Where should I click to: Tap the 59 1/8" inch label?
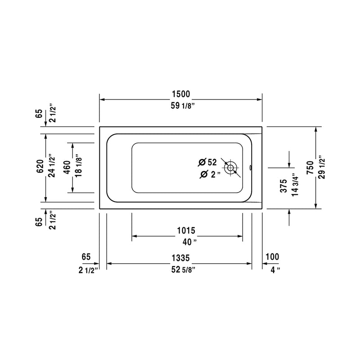(x=180, y=106)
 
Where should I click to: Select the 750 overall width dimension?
(x=310, y=168)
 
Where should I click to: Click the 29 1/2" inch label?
(x=321, y=168)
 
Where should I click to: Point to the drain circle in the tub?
(x=231, y=168)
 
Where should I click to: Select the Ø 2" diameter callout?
(x=209, y=175)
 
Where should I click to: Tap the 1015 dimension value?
(x=186, y=231)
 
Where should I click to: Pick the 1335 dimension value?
(x=180, y=258)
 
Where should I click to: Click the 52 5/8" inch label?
(x=180, y=270)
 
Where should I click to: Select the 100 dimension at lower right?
(x=272, y=257)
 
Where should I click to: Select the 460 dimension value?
(x=67, y=167)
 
